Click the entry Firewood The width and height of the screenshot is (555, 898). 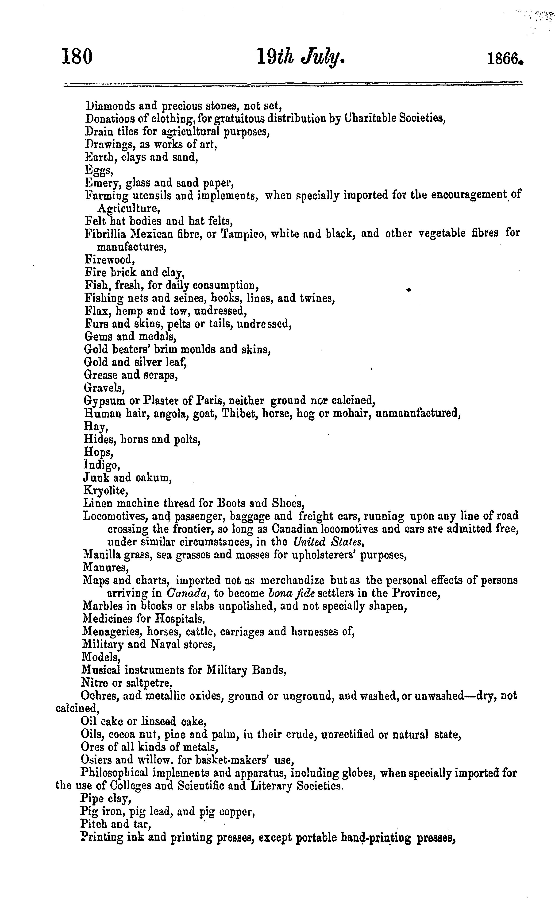(x=109, y=260)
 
